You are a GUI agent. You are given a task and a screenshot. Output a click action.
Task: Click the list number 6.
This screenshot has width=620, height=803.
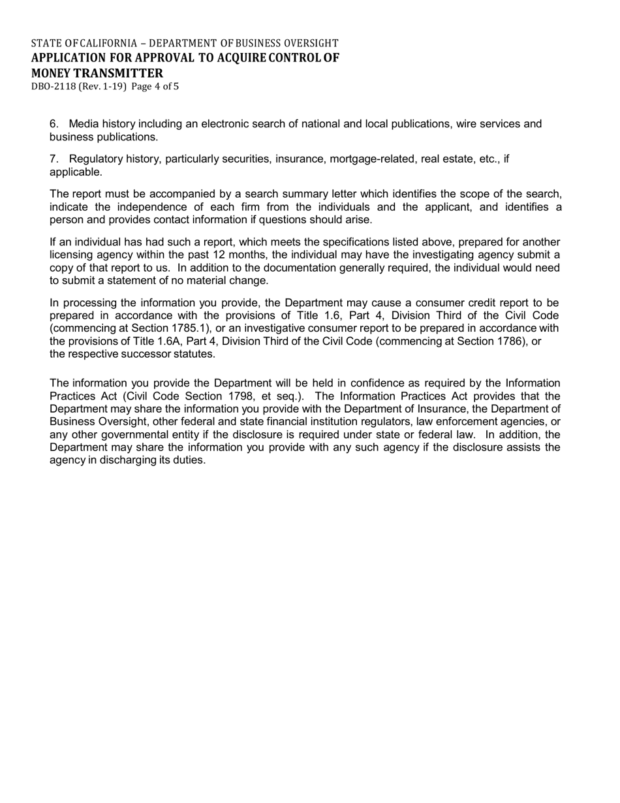coord(54,124)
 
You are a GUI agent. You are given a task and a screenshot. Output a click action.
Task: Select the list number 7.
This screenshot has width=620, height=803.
coord(54,159)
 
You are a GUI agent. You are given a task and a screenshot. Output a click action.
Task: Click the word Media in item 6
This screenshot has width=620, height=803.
coord(82,124)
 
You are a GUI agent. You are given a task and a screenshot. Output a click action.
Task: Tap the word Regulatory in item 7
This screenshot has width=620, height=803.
coord(94,159)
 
